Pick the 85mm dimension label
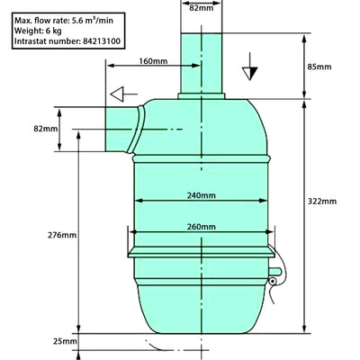(x=319, y=66)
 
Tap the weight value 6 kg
(x=53, y=30)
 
